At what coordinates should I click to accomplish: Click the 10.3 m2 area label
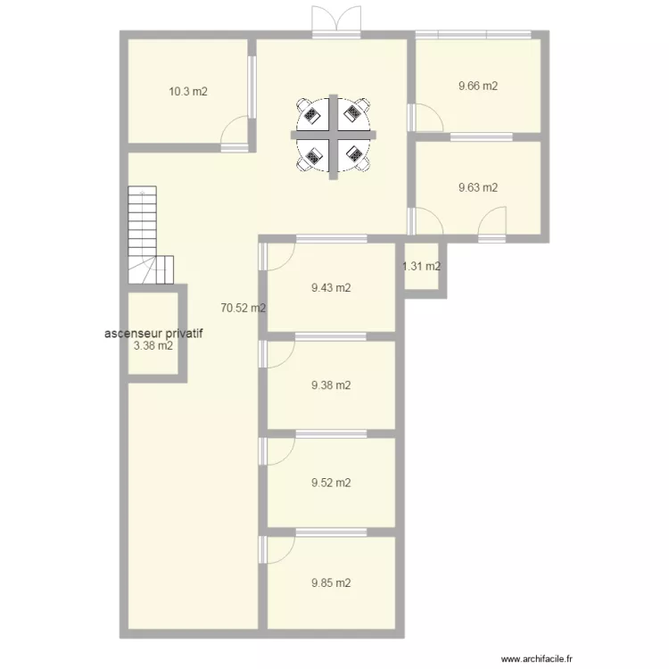coord(188,91)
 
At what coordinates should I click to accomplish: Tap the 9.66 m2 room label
coord(477,87)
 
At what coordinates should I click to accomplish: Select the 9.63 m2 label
coord(477,187)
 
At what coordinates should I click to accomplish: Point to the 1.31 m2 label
coord(421,266)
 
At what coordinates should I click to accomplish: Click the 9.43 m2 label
coord(331,287)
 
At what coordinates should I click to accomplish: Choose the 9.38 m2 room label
coord(331,385)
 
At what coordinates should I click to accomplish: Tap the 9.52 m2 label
coord(331,483)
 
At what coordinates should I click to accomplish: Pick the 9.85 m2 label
coord(331,583)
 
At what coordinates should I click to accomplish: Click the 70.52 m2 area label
coord(244,308)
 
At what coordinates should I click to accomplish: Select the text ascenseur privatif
coord(153,334)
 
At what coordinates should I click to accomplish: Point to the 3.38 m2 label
coord(153,346)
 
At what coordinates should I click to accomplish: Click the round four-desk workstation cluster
coord(333,136)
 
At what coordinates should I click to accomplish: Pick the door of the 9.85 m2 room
coord(278,549)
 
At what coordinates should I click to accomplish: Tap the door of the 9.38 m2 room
coord(278,354)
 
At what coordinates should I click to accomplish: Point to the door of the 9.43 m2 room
coord(278,257)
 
